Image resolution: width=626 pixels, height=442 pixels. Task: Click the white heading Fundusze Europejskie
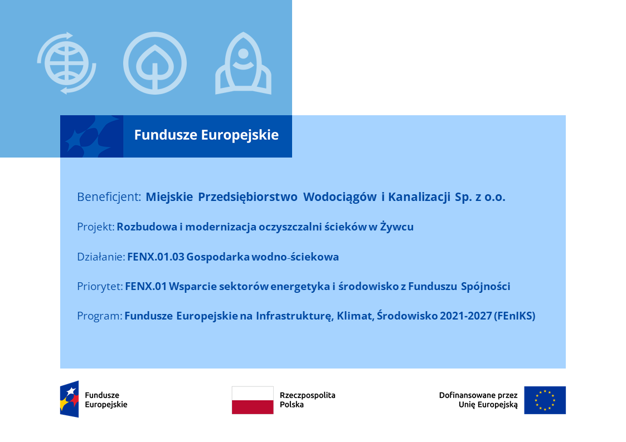point(206,135)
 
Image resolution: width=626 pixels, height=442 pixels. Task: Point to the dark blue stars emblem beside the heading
point(91,136)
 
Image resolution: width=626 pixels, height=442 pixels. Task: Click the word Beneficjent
point(109,197)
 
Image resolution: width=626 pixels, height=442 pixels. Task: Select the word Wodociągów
point(339,197)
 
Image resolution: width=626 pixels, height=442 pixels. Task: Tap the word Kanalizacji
point(419,197)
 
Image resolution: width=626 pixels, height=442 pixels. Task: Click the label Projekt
point(96,227)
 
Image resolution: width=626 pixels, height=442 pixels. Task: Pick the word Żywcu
point(397,227)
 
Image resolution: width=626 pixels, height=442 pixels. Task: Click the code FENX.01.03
point(156,257)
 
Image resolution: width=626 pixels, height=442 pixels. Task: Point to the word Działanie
point(101,257)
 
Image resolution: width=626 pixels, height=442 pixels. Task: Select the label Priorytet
point(100,287)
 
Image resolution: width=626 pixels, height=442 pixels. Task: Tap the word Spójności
point(486,286)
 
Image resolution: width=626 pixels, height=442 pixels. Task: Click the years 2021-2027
point(465,316)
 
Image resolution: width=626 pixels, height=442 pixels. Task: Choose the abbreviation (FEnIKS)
point(515,316)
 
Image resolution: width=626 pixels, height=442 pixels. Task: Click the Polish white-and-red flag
point(253,400)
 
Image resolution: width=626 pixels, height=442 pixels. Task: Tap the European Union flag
point(545,400)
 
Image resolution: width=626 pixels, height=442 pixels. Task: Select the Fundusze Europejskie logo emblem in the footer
point(70,399)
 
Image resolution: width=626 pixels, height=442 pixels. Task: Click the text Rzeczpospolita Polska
point(307,400)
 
